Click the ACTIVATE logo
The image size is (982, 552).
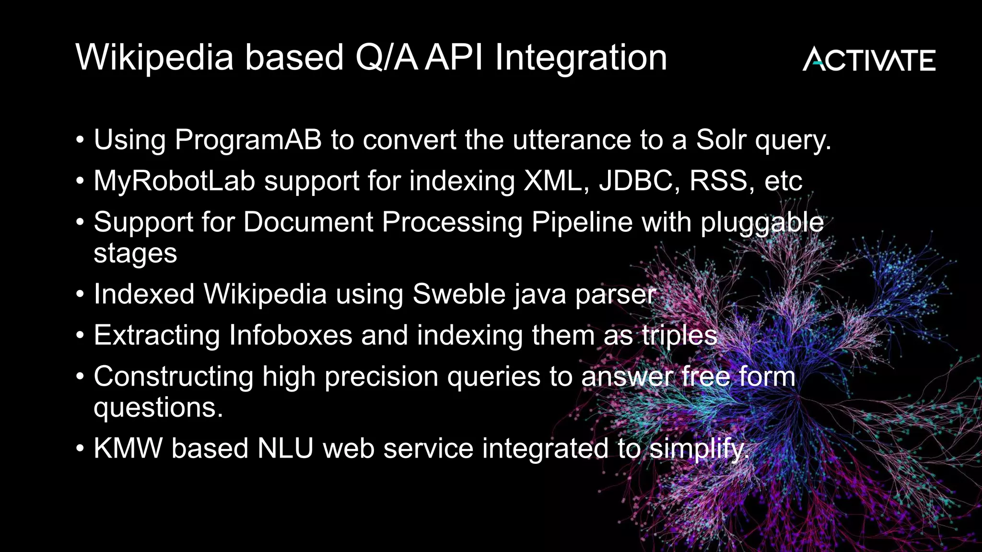869,59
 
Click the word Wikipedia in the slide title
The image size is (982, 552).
154,57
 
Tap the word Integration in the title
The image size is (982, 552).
581,57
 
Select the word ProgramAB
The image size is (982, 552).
248,140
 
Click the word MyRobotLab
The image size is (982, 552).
174,181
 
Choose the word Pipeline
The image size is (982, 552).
582,222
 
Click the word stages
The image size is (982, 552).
135,253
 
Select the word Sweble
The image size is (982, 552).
459,294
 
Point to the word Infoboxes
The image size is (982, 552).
291,335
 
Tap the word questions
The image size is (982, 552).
158,407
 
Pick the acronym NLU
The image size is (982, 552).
285,448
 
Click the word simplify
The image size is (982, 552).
699,449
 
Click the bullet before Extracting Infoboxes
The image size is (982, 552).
80,335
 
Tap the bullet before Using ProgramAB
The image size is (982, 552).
80,140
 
